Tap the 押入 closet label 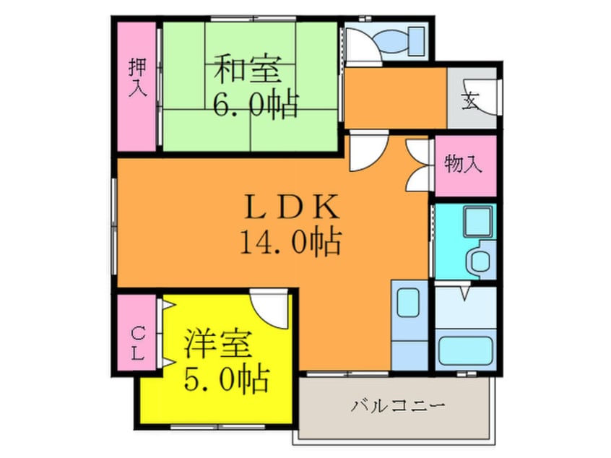[137, 77]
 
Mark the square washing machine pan [477, 221]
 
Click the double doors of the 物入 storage [418, 163]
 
